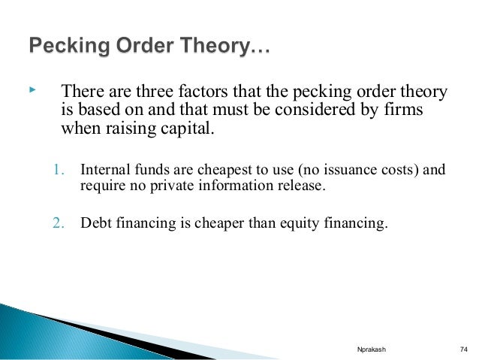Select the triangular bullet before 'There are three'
point(32,90)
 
